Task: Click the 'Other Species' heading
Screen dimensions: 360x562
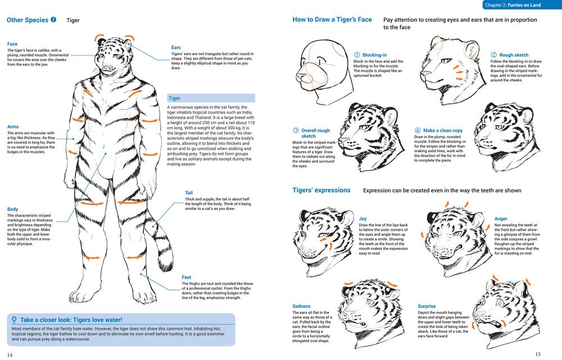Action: point(28,20)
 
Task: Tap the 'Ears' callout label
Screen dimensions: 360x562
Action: point(176,48)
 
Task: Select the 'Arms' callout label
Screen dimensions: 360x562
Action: point(13,127)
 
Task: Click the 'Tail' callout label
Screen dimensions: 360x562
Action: point(189,193)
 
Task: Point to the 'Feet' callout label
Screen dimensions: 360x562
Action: point(187,277)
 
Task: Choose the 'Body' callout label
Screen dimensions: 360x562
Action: point(12,209)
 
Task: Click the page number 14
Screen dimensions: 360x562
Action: point(10,354)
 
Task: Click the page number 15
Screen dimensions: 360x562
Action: point(538,354)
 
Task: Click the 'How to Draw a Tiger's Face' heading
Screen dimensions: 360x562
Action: point(332,20)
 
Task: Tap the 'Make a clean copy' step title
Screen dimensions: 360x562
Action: point(442,131)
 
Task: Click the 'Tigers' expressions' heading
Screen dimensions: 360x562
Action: point(321,190)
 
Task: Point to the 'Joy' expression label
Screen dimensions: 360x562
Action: point(363,219)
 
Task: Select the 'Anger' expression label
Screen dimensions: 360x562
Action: point(501,218)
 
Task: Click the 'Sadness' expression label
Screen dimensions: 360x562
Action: point(301,307)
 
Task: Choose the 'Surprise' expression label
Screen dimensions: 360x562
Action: point(427,307)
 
